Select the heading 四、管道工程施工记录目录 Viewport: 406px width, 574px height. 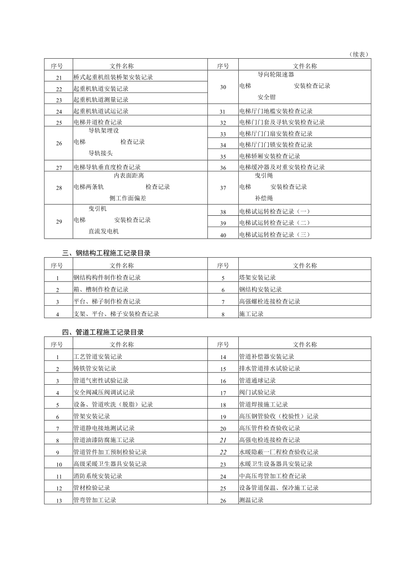103,332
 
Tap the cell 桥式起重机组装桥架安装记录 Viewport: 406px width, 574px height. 113,77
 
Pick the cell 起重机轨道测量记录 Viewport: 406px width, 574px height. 101,100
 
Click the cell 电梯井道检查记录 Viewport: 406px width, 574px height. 98,122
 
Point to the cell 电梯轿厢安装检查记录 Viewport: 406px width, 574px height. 270,156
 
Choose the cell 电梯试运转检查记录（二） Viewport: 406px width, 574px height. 275,223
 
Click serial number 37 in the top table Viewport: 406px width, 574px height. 223,188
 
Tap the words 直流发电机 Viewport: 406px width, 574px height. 103,231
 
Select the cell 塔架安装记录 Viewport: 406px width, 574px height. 257,278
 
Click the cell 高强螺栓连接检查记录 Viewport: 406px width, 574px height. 270,301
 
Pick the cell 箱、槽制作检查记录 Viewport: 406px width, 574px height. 101,289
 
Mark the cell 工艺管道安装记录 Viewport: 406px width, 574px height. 98,356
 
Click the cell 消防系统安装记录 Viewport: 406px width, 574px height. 98,476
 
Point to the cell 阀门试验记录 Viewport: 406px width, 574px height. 257,392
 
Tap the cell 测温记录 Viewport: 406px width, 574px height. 251,500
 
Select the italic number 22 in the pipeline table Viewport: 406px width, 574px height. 223,452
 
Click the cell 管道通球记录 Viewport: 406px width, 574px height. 257,380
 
